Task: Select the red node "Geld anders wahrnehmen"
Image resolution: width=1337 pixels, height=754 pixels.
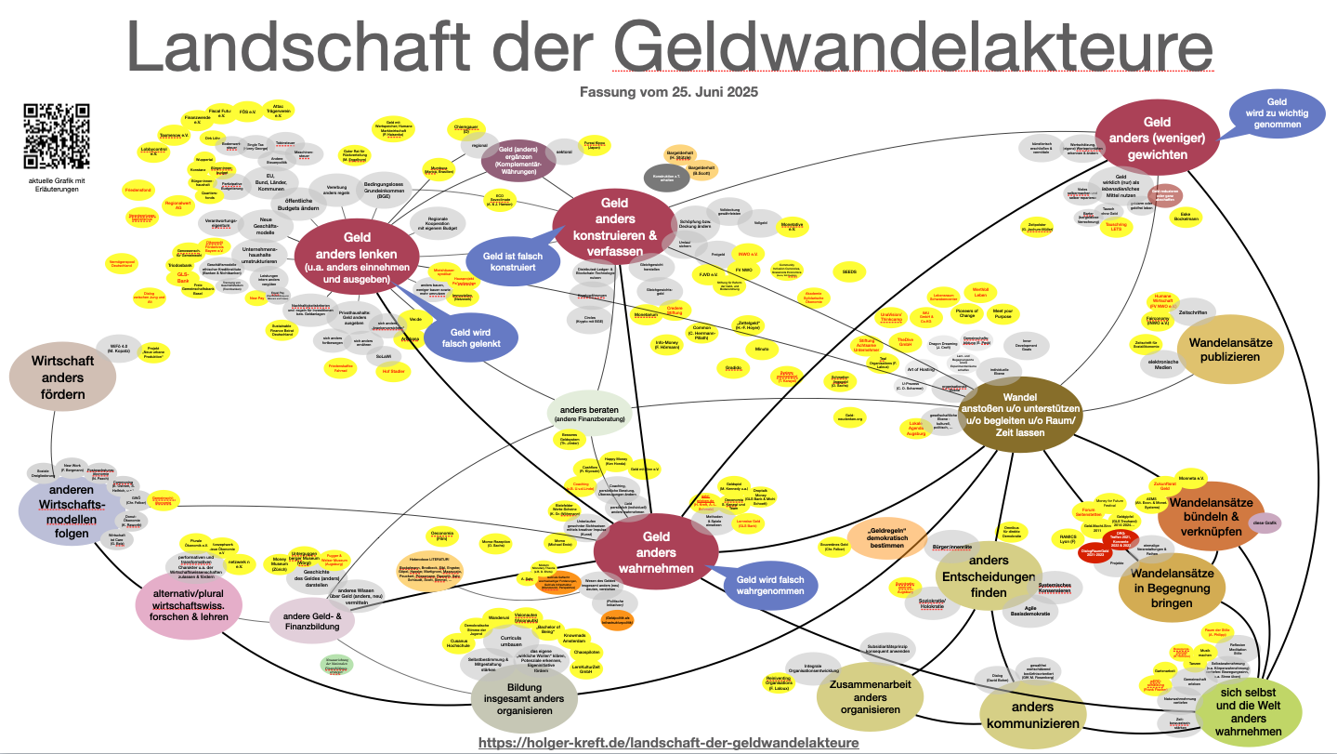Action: click(656, 552)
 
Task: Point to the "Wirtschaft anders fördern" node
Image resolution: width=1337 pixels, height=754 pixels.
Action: click(63, 377)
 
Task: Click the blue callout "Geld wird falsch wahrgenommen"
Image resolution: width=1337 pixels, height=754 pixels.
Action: click(770, 585)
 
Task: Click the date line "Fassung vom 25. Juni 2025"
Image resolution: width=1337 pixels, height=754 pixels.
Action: click(668, 92)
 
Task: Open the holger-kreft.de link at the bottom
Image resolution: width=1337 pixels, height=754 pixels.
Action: click(668, 743)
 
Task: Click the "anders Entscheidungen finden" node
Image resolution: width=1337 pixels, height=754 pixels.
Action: click(988, 575)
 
